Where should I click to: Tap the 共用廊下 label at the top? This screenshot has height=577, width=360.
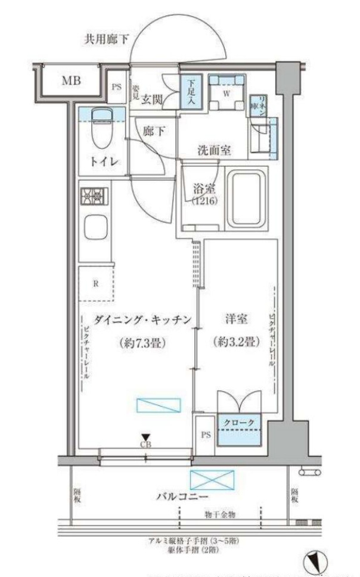[105, 41]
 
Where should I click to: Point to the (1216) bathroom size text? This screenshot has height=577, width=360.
[200, 202]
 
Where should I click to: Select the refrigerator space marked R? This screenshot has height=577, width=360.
[96, 284]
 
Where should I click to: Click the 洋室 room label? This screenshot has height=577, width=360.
[232, 320]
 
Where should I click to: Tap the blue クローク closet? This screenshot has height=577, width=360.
[242, 429]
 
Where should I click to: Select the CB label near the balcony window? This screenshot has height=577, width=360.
[145, 445]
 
